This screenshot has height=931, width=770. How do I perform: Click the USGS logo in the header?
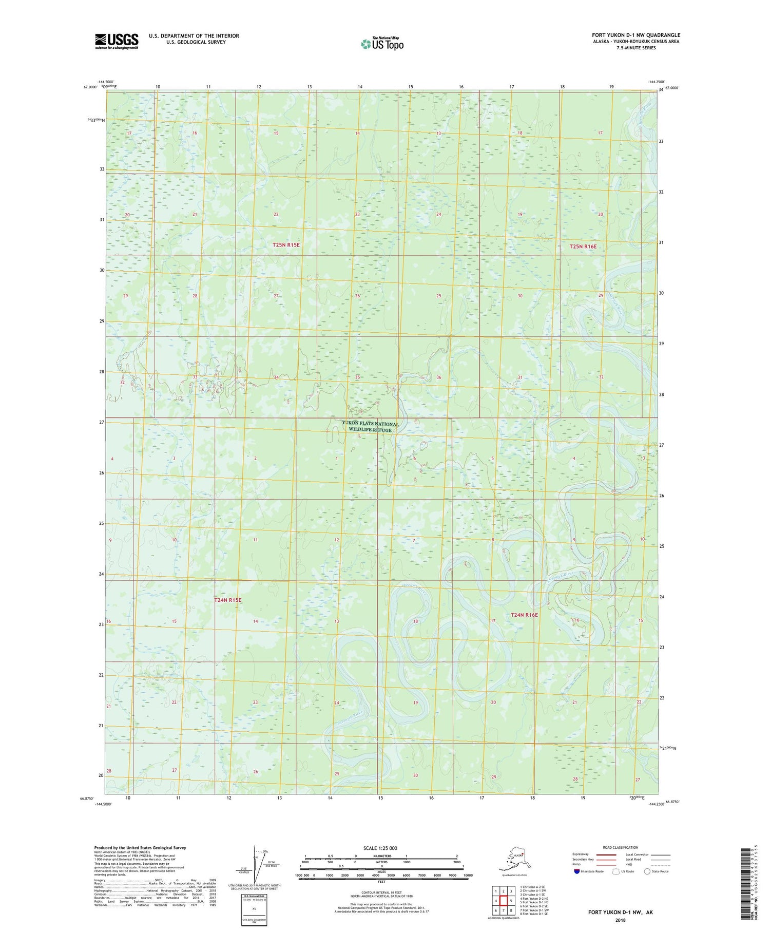pyautogui.click(x=117, y=41)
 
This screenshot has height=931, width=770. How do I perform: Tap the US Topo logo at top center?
pyautogui.click(x=382, y=44)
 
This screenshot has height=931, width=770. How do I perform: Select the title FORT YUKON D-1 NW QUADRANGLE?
pyautogui.click(x=636, y=35)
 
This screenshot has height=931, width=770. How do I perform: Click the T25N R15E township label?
pyautogui.click(x=286, y=245)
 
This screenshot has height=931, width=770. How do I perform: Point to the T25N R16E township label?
pyautogui.click(x=583, y=246)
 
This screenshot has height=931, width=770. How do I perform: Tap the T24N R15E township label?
pyautogui.click(x=227, y=600)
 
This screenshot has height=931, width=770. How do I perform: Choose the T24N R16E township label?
pyautogui.click(x=524, y=615)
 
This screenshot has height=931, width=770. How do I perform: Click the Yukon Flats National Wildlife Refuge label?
pyautogui.click(x=370, y=427)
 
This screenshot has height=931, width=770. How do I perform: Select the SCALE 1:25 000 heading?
pyautogui.click(x=380, y=848)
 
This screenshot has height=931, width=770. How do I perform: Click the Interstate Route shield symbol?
pyautogui.click(x=577, y=871)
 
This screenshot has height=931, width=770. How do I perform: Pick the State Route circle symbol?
pyautogui.click(x=648, y=871)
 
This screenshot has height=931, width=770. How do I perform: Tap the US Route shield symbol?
pyautogui.click(x=616, y=871)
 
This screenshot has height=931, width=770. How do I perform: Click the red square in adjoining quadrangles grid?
pyautogui.click(x=504, y=900)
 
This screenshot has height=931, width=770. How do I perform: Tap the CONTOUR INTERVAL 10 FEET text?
pyautogui.click(x=380, y=893)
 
